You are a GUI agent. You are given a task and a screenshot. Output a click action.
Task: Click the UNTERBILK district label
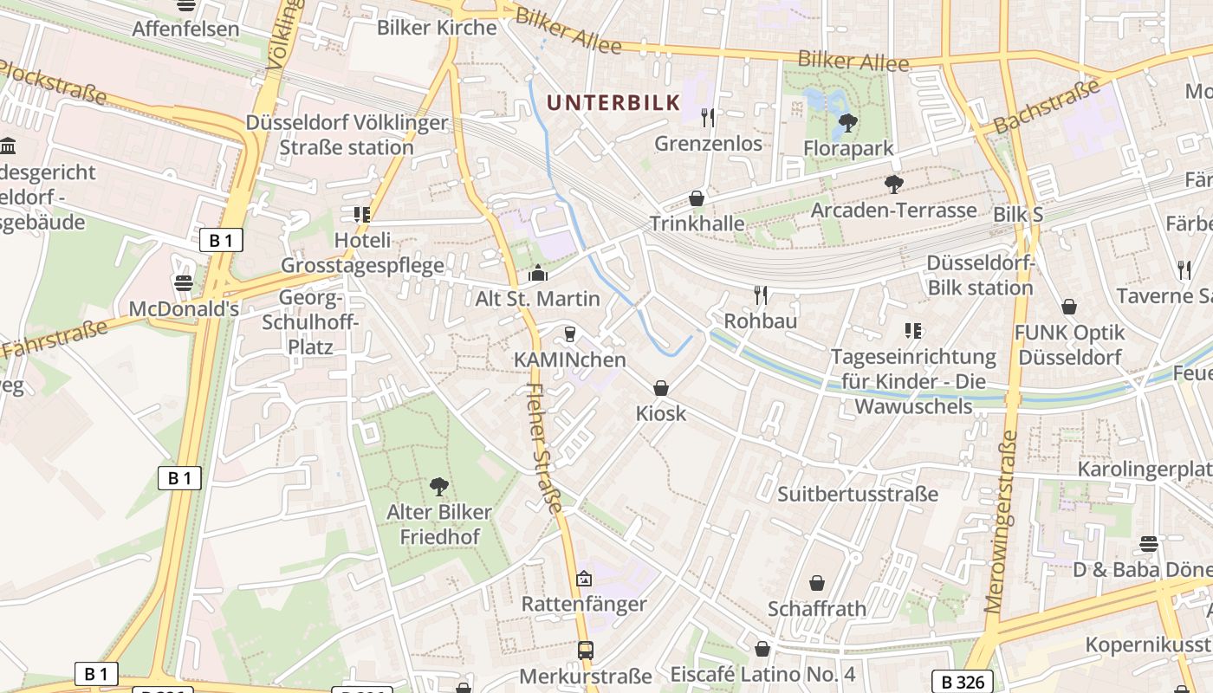click(613, 103)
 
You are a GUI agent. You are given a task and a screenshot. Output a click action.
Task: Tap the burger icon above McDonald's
click(183, 283)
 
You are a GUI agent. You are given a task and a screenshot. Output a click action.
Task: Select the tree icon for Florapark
click(848, 123)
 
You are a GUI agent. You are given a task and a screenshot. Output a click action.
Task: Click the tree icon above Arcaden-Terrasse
click(893, 185)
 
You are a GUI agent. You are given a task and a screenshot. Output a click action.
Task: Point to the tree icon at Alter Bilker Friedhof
click(439, 486)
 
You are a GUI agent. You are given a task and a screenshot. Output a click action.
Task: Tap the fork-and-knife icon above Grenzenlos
click(709, 117)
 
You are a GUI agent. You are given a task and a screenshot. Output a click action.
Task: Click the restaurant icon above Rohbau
click(761, 295)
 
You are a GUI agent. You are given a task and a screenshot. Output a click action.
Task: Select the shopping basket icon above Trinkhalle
click(697, 198)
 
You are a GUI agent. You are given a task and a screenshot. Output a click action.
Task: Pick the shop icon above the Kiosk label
click(661, 388)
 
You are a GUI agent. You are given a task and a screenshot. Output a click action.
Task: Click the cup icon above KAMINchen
click(570, 334)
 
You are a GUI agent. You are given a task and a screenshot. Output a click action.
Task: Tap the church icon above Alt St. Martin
click(537, 274)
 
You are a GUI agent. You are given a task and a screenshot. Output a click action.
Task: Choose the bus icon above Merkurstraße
click(586, 650)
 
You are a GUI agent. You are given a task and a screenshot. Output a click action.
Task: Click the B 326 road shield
click(962, 682)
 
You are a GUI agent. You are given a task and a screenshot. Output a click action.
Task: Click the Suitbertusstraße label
click(858, 494)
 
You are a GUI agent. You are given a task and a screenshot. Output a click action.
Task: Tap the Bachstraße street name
click(1047, 107)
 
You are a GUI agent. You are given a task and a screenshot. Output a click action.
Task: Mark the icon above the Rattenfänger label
click(584, 579)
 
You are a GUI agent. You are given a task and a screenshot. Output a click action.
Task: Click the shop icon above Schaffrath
click(816, 583)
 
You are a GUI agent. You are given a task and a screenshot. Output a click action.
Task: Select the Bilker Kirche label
click(437, 28)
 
